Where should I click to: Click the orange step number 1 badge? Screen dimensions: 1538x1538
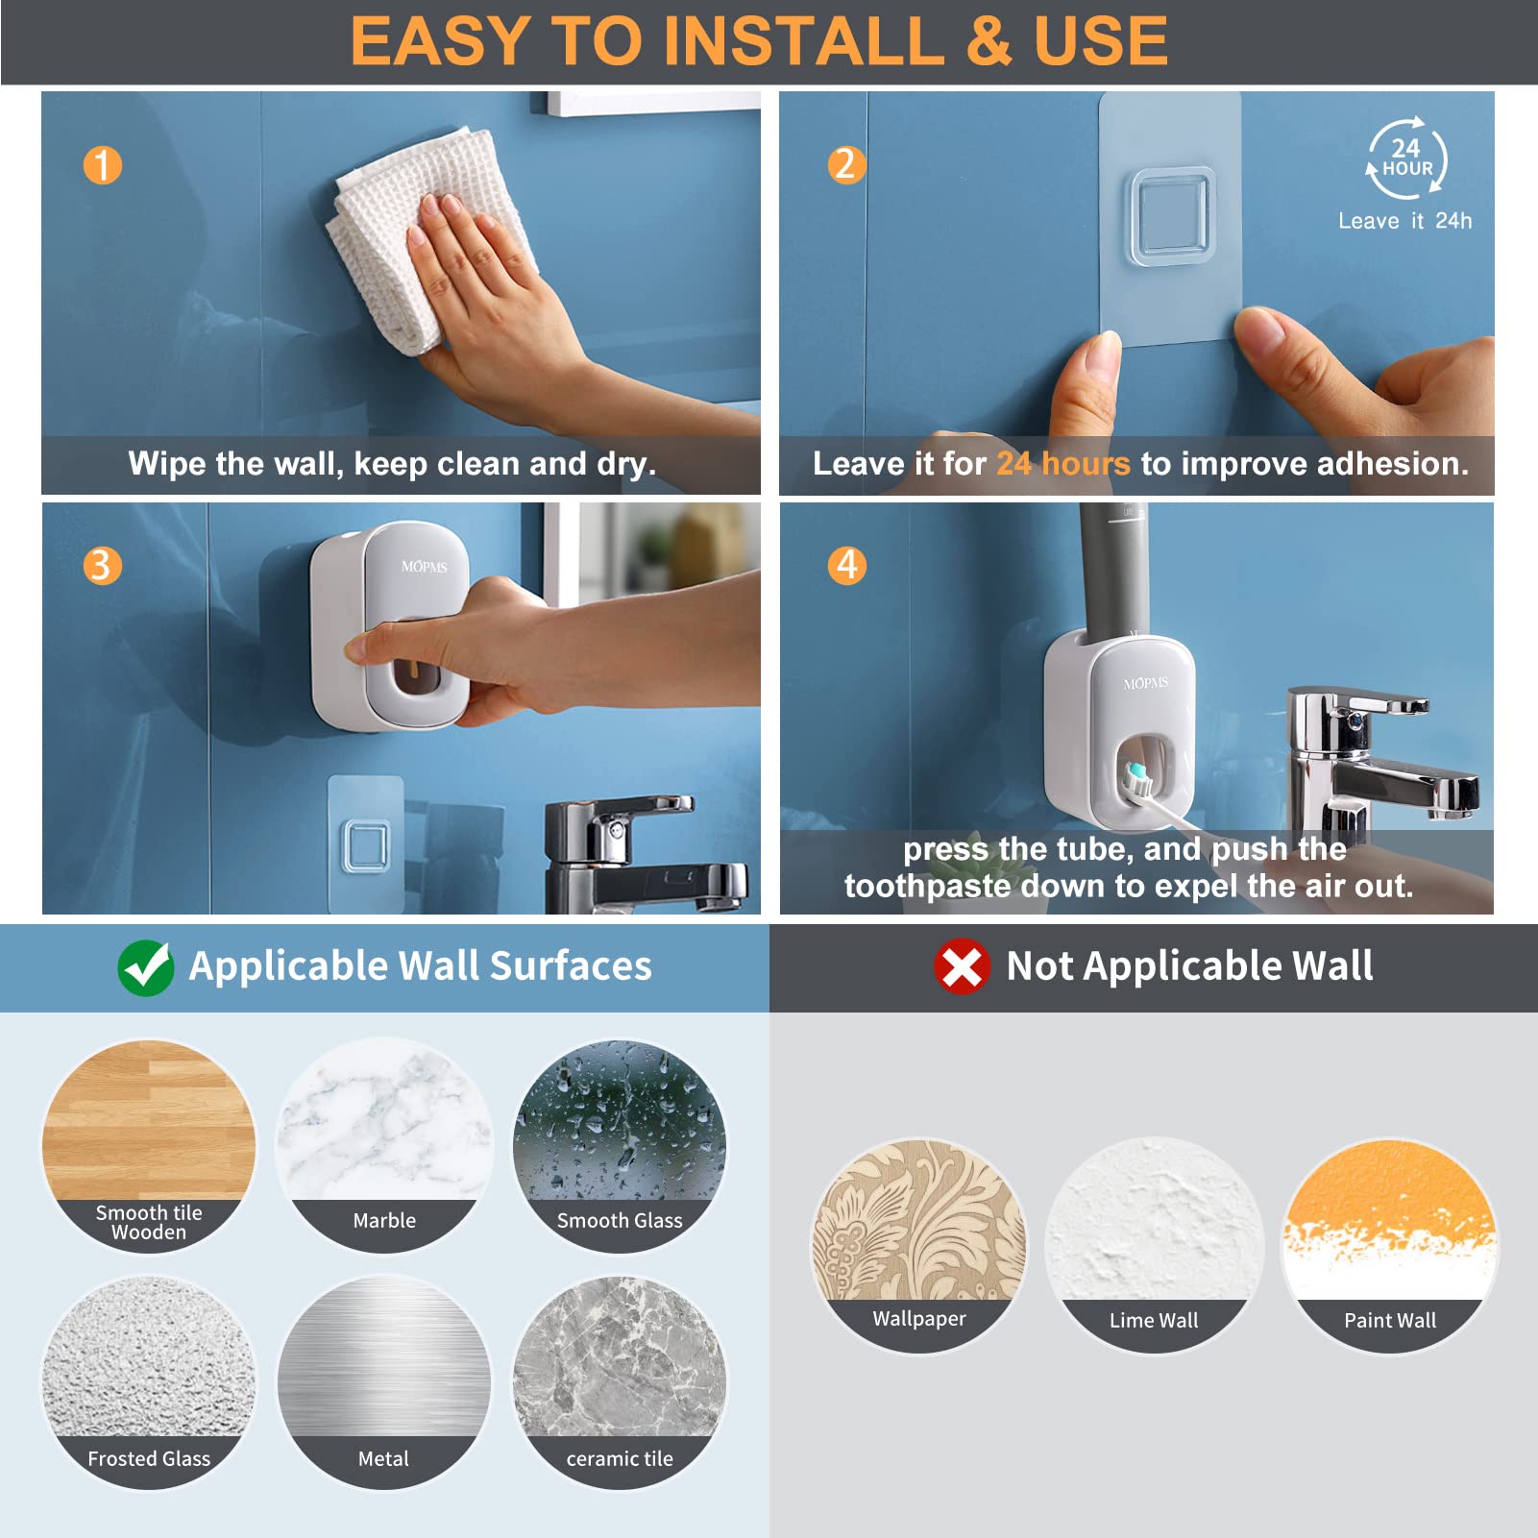click(103, 165)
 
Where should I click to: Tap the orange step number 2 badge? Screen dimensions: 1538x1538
click(846, 165)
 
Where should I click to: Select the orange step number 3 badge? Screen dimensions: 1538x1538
click(102, 566)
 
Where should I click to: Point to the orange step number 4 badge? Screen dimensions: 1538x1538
click(846, 565)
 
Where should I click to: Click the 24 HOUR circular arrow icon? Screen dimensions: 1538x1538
click(1406, 159)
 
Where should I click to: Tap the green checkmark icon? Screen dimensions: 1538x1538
click(146, 967)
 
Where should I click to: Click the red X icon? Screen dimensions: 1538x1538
click(962, 966)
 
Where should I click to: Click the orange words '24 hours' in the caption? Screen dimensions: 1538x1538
click(1062, 464)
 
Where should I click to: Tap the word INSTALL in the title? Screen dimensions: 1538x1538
click(802, 41)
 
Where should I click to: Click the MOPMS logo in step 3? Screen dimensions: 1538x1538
click(424, 567)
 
